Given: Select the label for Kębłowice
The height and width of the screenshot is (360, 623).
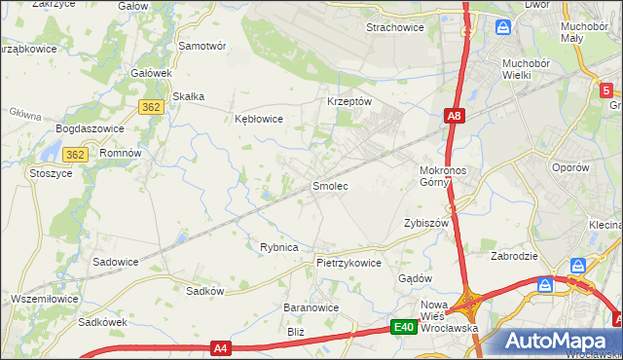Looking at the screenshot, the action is click(x=259, y=119).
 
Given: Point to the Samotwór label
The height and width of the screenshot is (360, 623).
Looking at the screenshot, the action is click(x=202, y=46).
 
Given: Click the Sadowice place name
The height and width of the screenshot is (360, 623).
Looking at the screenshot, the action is click(x=115, y=262).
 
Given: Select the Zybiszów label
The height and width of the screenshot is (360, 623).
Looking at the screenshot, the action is click(x=425, y=223).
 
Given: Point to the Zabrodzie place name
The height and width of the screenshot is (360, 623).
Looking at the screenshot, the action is click(x=516, y=257).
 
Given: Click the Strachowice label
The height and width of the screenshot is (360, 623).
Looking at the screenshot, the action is click(x=394, y=27).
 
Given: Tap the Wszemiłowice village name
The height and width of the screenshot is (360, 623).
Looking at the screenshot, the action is click(x=45, y=297).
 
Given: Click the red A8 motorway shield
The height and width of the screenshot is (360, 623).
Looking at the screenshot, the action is click(x=455, y=117).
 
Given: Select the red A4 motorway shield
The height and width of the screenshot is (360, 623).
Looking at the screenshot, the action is click(x=222, y=347).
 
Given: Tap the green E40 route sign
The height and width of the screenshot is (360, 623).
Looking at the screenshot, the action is click(x=405, y=328).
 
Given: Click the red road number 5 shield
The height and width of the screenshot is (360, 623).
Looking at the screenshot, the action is click(x=605, y=90).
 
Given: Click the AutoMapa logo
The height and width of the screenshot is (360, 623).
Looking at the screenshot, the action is click(x=559, y=342).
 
